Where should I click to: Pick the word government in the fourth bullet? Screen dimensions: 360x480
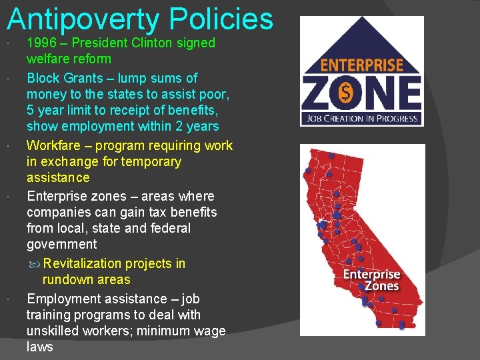pos(61,244)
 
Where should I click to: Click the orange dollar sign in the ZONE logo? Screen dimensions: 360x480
pos(346,93)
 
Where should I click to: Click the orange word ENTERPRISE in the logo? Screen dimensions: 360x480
pos(362,65)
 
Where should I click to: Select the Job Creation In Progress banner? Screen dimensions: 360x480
pos(362,119)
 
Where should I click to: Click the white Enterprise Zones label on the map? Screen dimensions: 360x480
pos(371,280)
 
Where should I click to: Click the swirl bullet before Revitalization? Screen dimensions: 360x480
pos(35,264)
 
